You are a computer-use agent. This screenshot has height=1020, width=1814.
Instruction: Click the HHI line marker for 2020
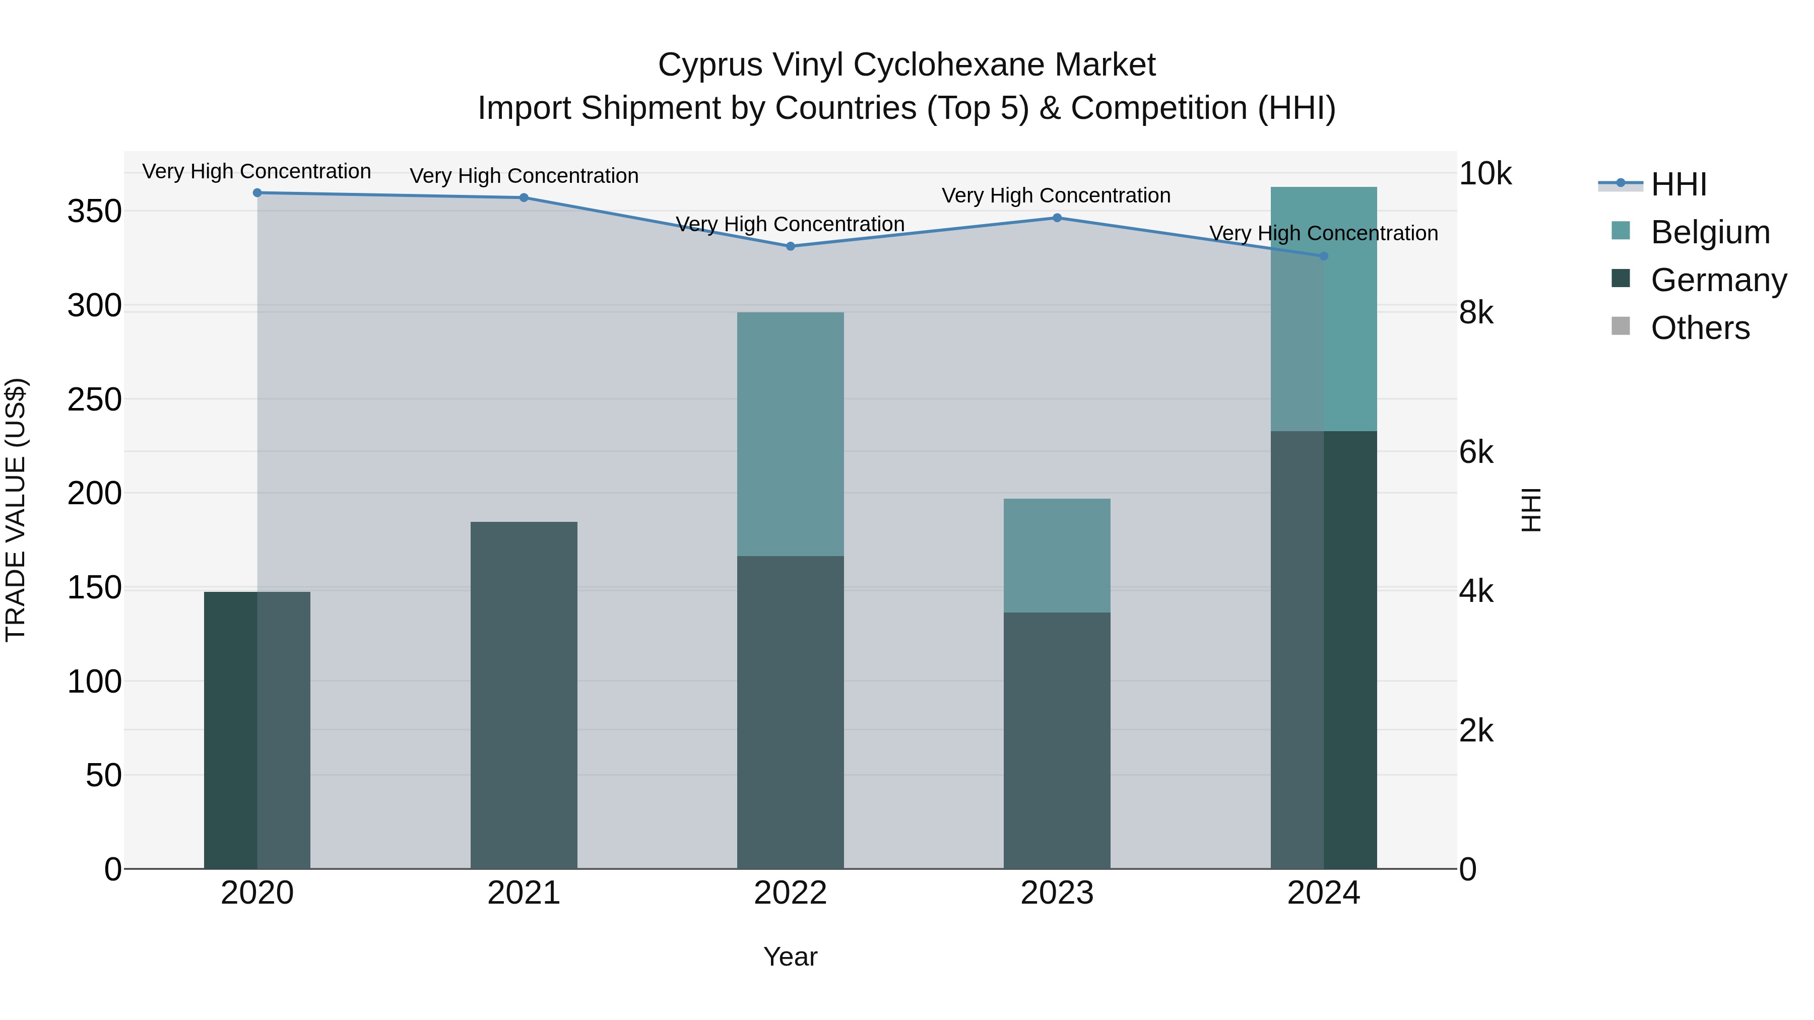point(257,193)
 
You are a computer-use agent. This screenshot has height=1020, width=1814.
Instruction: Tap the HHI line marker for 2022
point(790,246)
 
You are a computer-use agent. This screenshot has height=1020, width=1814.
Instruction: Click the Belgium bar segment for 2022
point(790,434)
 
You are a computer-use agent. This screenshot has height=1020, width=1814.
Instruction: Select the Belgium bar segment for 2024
point(1323,309)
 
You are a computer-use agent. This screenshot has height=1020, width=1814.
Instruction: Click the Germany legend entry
point(1718,280)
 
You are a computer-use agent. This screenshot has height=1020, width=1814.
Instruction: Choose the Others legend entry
point(1700,328)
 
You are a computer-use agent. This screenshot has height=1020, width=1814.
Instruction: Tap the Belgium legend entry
point(1710,232)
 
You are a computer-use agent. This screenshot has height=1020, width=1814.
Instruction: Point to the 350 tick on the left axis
point(94,211)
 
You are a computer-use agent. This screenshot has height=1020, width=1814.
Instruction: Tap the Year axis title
point(790,957)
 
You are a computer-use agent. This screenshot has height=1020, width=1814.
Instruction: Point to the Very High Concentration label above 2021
point(524,176)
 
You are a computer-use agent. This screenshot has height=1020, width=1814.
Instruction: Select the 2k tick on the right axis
point(1476,731)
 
